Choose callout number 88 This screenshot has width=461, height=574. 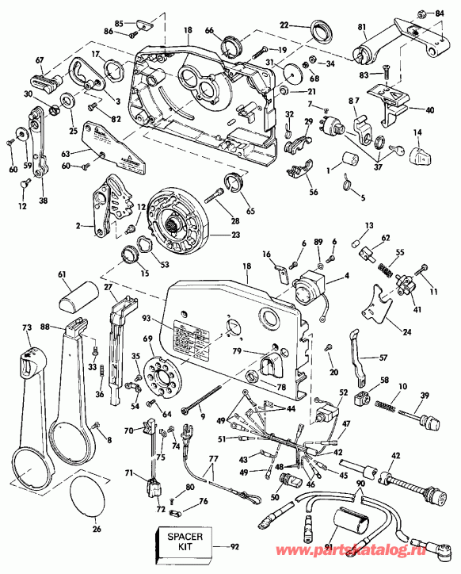click(x=68, y=325)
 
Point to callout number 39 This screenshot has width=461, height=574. click(x=425, y=395)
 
